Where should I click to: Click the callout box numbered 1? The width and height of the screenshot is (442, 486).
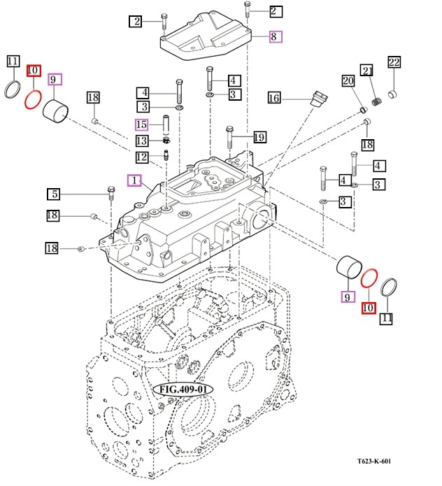tap(134, 180)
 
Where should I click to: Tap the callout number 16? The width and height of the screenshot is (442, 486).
tap(274, 99)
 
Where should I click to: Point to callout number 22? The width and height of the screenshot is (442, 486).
tap(394, 63)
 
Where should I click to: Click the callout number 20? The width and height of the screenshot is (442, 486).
tap(348, 81)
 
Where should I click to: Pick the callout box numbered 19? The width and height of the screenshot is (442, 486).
tap(258, 137)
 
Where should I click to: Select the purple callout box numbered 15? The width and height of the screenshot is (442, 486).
tap(142, 125)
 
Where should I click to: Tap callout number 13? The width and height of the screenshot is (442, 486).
tap(142, 141)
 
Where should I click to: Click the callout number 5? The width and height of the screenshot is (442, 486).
tap(54, 194)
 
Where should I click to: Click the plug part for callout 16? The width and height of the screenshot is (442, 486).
tap(318, 99)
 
